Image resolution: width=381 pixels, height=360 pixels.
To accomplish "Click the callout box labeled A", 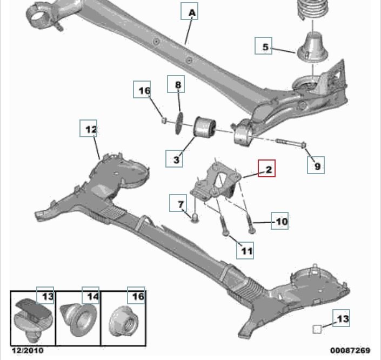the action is (189, 11).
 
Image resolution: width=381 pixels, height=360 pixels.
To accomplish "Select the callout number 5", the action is (263, 46).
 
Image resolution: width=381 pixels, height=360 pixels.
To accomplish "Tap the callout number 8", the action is (176, 84).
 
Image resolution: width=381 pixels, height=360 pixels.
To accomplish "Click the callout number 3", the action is (174, 159).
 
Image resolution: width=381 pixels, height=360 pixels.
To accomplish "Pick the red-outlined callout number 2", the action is (266, 169).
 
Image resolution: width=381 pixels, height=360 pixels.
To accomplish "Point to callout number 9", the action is (316, 165).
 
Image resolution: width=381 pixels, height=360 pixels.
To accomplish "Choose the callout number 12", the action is (89, 128).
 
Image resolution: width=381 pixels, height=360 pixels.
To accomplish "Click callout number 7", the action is (178, 203).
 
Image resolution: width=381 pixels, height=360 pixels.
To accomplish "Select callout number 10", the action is (280, 221).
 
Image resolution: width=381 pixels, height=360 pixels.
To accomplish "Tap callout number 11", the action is (245, 250).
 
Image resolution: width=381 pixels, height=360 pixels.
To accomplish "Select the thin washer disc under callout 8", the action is (179, 123).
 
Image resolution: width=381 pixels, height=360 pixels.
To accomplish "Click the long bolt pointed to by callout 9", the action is (291, 143).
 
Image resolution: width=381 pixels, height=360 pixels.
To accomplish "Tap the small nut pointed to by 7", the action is (195, 217).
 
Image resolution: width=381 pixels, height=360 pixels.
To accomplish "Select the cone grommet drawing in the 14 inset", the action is (78, 319).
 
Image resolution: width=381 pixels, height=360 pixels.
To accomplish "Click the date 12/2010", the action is (28, 350).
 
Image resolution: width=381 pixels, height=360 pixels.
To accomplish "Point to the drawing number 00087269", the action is (350, 350).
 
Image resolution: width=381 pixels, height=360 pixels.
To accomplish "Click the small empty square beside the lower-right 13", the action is (317, 329).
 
